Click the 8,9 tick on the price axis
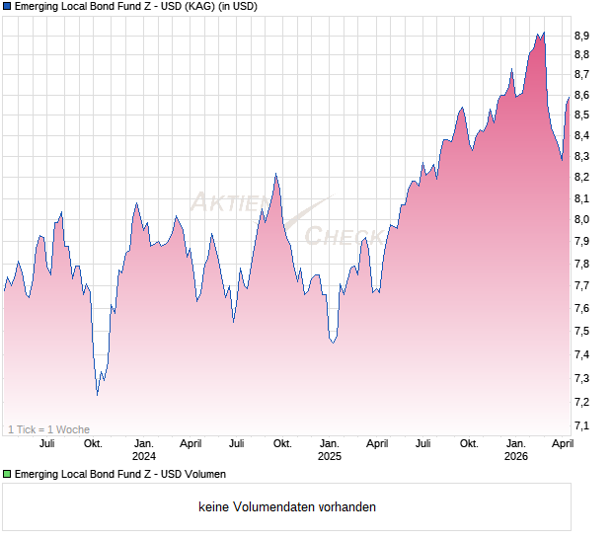[582, 36]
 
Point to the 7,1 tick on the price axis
[582, 425]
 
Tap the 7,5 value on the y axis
[582, 332]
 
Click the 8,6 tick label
[582, 96]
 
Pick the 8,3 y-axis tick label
[582, 157]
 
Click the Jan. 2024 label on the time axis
[144, 449]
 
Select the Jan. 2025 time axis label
[330, 449]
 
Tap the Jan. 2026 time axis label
[516, 449]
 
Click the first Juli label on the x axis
[46, 443]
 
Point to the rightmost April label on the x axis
[561, 443]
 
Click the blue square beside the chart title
[7, 7]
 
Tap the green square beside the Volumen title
[7, 475]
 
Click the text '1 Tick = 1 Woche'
[48, 429]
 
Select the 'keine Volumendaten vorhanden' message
[287, 507]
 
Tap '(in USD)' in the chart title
[236, 7]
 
